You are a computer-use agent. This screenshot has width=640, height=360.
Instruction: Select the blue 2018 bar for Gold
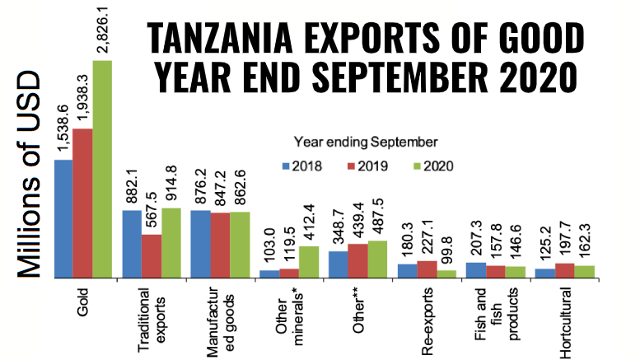pos(63,218)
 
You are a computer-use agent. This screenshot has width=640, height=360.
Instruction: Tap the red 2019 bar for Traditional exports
pos(152,255)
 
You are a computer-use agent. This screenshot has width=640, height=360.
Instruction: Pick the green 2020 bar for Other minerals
pos(309,261)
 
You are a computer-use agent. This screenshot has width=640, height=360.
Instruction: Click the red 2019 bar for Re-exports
pos(427,269)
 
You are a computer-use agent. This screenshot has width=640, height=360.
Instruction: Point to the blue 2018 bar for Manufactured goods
pos(200,244)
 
